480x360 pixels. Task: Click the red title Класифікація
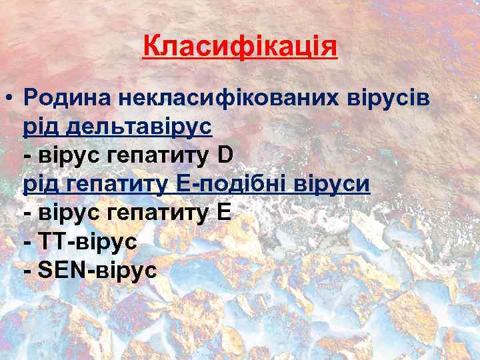coord(240,48)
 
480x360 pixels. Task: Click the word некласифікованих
coord(227,98)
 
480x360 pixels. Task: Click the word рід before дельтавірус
coord(41,127)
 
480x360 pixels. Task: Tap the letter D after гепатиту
coord(225,155)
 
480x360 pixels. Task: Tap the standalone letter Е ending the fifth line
coord(224,213)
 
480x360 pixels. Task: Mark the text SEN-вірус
coord(97,269)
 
